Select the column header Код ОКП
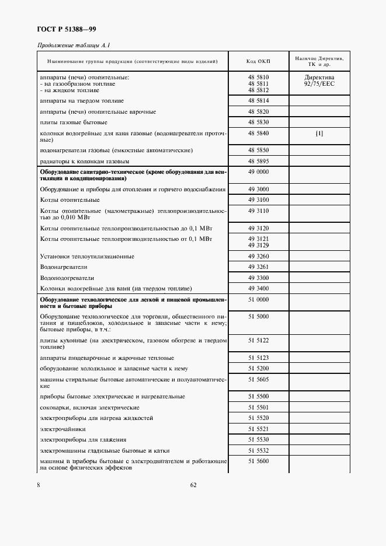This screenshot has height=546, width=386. tap(258, 61)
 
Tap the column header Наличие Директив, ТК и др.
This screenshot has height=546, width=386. tap(319, 61)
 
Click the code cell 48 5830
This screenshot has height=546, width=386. tap(258, 123)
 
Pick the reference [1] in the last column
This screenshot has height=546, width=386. tap(319, 133)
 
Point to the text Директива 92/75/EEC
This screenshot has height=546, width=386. tap(319, 80)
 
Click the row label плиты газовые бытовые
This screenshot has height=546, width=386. tap(73, 123)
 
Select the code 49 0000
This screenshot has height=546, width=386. tap(258, 172)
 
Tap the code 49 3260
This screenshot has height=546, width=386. tap(258, 256)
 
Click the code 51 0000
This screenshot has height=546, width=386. tap(258, 299)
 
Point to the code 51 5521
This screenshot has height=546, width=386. tap(258, 429)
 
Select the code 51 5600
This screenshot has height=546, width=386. tap(258, 461)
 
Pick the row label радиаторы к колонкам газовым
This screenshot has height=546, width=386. tap(84, 161)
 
